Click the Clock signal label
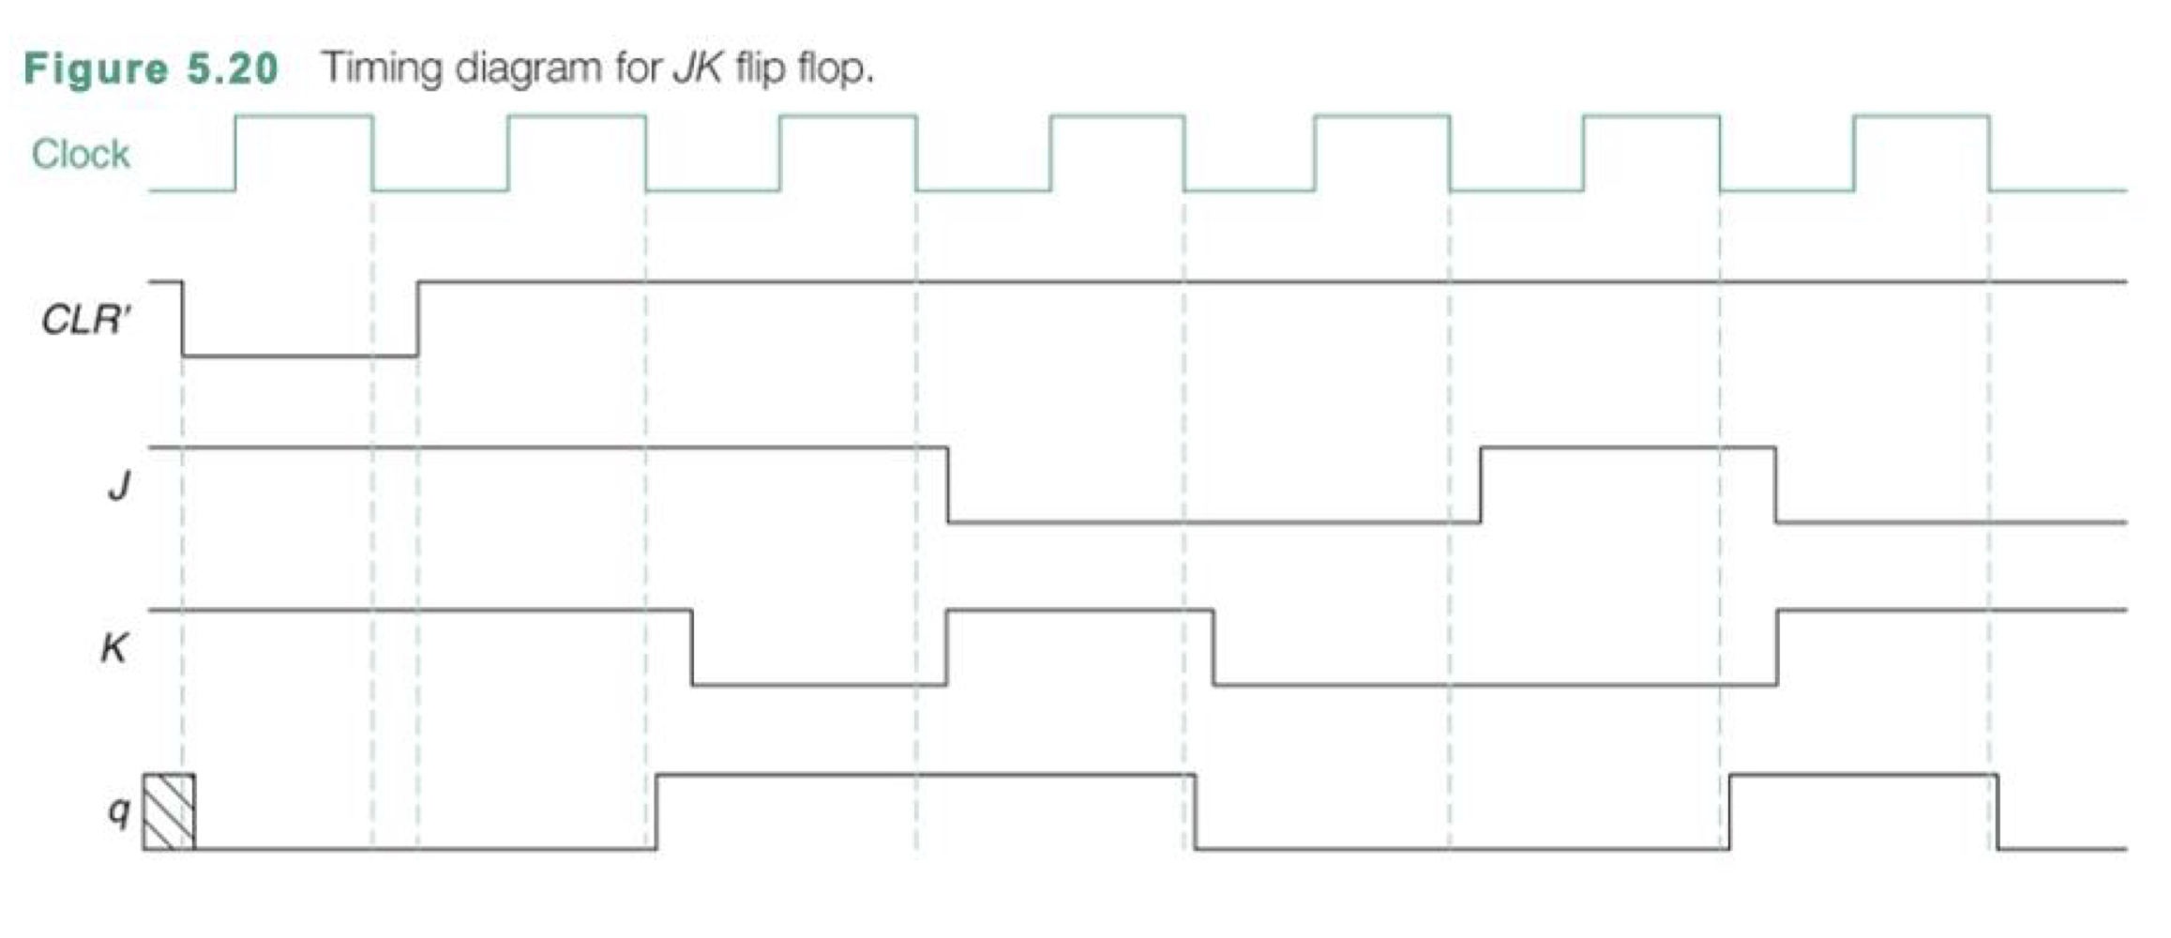click(x=81, y=154)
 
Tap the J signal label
click(x=119, y=485)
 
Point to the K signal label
click(x=113, y=647)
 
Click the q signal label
click(x=118, y=810)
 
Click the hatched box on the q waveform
click(x=169, y=812)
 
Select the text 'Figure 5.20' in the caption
click(x=151, y=68)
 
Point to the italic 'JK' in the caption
click(x=696, y=68)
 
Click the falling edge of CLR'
click(x=183, y=319)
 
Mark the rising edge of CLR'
click(x=418, y=319)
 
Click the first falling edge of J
click(x=947, y=485)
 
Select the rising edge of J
click(x=1481, y=485)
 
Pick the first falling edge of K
click(x=692, y=647)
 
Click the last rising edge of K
click(x=1776, y=647)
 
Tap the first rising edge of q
click(x=656, y=812)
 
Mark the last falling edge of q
click(x=1998, y=812)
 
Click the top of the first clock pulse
click(x=304, y=116)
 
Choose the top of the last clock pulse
click(x=1921, y=116)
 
